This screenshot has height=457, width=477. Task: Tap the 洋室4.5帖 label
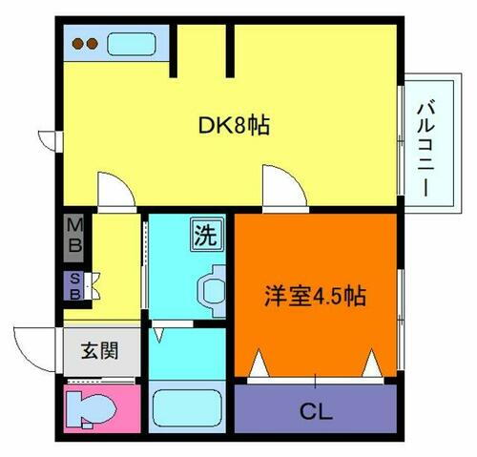click(x=315, y=295)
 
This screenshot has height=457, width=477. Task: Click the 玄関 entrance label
click(x=98, y=350)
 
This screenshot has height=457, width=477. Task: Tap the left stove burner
click(x=80, y=43)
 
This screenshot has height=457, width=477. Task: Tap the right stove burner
click(x=93, y=43)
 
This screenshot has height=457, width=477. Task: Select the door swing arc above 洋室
click(x=283, y=187)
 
